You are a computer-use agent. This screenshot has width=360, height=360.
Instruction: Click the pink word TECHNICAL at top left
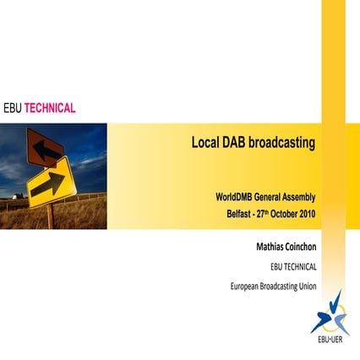click(x=50, y=108)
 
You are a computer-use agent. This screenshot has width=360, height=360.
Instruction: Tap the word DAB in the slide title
click(x=233, y=143)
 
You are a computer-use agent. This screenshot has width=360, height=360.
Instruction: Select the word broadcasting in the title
click(x=283, y=143)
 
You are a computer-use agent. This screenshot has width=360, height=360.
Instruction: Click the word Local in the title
click(x=205, y=143)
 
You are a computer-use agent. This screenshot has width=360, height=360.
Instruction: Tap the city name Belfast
click(x=230, y=213)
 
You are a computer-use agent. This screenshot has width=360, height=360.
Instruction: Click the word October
click(x=280, y=213)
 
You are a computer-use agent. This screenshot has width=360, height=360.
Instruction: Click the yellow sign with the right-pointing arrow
click(x=52, y=180)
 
